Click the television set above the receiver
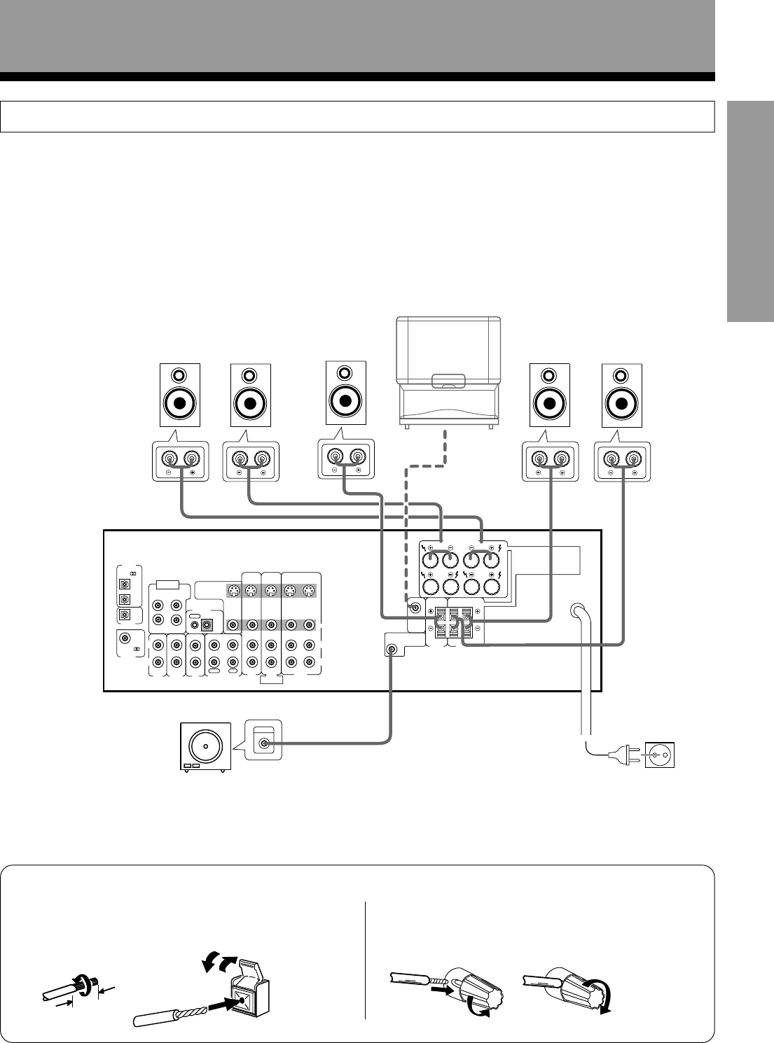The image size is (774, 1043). (x=448, y=371)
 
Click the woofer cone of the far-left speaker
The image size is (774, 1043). (x=180, y=404)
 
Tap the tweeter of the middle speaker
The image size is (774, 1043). (x=345, y=372)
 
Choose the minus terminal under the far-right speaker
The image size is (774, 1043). (x=611, y=459)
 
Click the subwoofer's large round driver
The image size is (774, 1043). (x=205, y=746)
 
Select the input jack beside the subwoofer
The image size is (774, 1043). (x=264, y=743)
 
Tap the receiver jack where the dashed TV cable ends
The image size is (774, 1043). (x=415, y=607)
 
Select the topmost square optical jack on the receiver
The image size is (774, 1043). (x=125, y=584)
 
